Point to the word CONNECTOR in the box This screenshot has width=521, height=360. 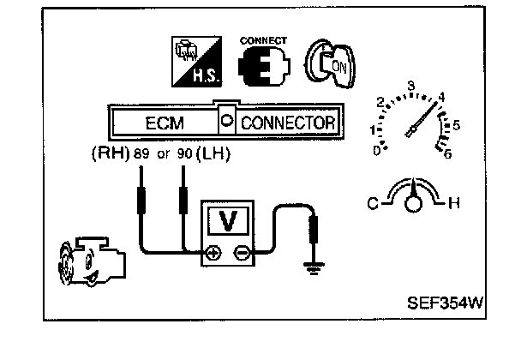pos(287,123)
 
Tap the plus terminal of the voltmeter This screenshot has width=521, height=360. pos(213,253)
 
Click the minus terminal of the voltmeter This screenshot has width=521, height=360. pos(243,253)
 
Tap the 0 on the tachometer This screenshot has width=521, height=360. pos(378,151)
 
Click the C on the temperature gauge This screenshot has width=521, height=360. pos(373,203)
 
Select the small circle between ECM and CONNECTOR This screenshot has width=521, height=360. pos(226,122)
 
